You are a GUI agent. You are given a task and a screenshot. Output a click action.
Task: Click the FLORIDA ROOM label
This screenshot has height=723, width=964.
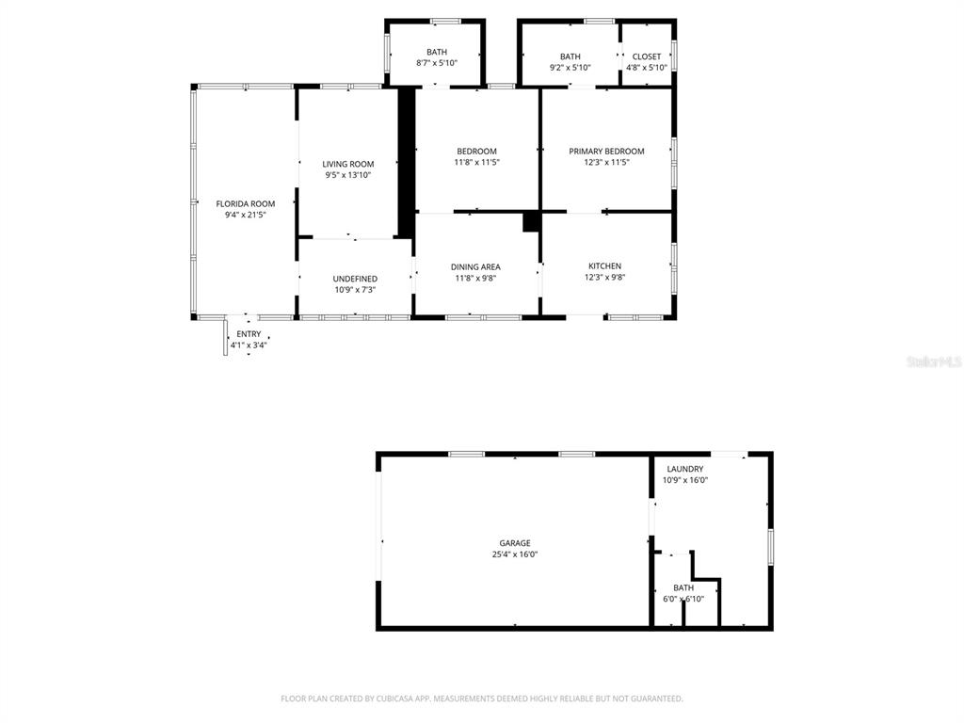click(x=246, y=203)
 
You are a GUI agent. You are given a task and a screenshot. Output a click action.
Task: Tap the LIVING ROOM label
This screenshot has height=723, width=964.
click(x=348, y=164)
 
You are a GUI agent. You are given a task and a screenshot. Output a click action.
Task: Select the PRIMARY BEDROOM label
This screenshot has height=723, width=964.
click(x=606, y=152)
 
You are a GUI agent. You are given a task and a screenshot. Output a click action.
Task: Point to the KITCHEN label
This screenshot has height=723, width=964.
click(x=605, y=266)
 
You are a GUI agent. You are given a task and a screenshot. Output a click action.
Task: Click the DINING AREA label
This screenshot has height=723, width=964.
click(x=475, y=266)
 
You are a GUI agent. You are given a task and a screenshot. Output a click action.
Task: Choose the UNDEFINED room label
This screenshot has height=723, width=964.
click(x=355, y=279)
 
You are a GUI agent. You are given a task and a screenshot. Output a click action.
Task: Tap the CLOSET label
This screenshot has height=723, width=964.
click(x=646, y=56)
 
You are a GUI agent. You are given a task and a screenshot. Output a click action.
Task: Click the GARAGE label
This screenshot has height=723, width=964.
click(x=515, y=543)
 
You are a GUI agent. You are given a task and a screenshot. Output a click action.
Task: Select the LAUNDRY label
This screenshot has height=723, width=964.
click(x=685, y=469)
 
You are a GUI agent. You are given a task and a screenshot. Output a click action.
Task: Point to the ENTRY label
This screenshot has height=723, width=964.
click(x=249, y=334)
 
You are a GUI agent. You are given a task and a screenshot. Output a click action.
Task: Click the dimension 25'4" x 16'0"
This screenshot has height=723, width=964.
click(x=515, y=554)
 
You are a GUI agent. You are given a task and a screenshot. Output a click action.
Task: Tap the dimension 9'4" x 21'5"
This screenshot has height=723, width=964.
click(x=246, y=215)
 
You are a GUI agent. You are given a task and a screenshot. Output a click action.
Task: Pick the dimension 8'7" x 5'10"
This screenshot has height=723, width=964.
click(x=437, y=63)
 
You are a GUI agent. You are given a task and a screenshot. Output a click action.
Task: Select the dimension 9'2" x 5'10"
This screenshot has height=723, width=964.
click(x=570, y=68)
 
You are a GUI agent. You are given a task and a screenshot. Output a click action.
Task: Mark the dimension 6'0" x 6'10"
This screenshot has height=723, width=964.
click(x=683, y=599)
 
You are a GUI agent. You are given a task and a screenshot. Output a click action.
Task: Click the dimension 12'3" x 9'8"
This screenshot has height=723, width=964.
click(x=605, y=278)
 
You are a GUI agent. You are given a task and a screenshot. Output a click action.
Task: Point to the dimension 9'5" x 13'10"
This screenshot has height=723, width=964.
click(x=348, y=175)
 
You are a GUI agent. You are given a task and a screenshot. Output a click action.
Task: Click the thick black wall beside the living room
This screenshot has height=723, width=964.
click(x=405, y=162)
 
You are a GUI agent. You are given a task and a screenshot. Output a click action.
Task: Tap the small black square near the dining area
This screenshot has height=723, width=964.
click(x=531, y=222)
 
